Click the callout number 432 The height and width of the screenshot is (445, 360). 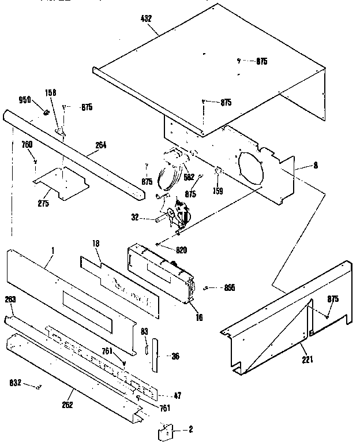point(145,19)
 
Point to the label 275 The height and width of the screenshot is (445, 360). point(43,204)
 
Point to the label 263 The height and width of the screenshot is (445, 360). point(10,300)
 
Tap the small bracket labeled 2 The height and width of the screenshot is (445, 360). point(166,429)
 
